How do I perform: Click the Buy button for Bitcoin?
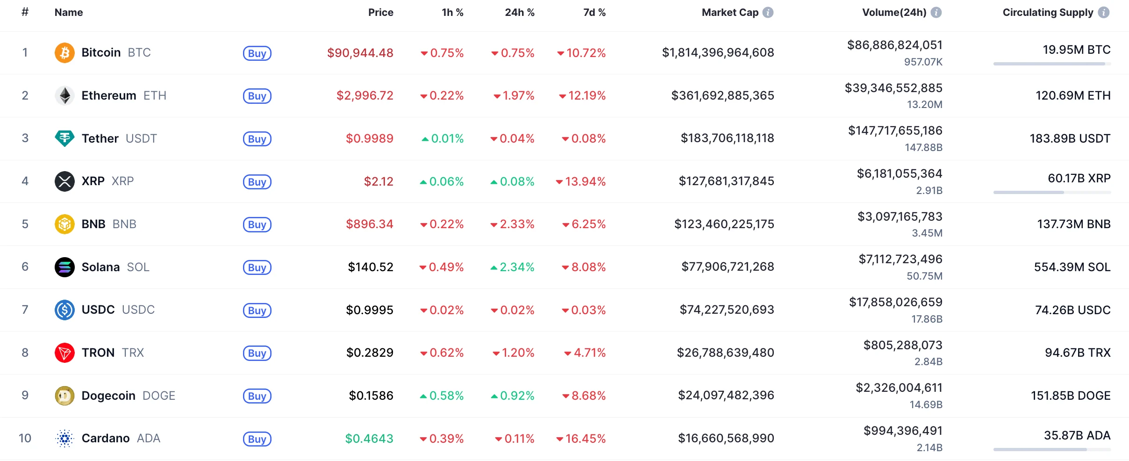click(x=257, y=53)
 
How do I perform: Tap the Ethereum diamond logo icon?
click(x=64, y=95)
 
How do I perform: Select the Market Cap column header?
click(x=730, y=13)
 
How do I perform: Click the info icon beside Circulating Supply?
click(x=1104, y=13)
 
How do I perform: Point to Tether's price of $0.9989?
click(x=369, y=138)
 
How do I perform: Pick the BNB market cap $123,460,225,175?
click(x=724, y=224)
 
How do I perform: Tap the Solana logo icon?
click(x=64, y=267)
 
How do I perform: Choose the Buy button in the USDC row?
click(x=257, y=310)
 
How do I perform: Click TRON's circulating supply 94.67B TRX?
click(x=1077, y=353)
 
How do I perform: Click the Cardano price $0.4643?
click(x=369, y=439)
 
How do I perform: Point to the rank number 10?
click(x=25, y=438)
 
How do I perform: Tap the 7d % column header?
click(x=594, y=13)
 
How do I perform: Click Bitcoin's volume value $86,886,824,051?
click(x=894, y=45)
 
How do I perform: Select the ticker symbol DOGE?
click(x=159, y=396)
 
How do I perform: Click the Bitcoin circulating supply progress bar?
click(x=1052, y=64)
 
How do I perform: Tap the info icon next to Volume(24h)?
click(x=936, y=13)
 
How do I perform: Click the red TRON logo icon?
click(x=64, y=353)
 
